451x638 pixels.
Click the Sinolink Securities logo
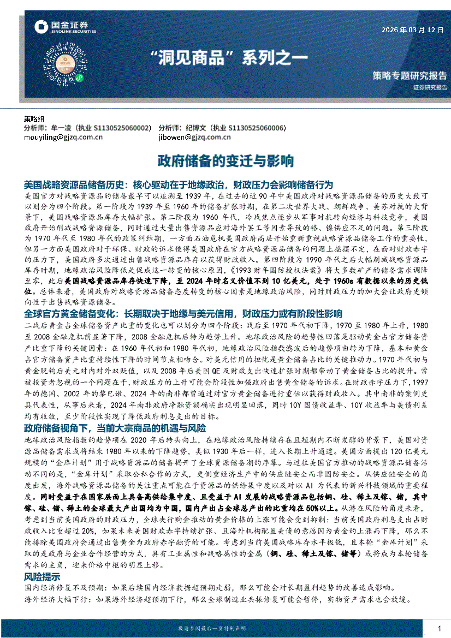coord(65,27)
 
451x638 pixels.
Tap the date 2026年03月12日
coord(412,30)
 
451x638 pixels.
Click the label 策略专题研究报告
coord(409,75)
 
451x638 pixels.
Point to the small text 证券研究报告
coord(430,87)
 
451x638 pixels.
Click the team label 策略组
coord(34,118)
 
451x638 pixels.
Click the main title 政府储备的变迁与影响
coord(226,161)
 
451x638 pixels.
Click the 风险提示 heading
coord(42,577)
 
